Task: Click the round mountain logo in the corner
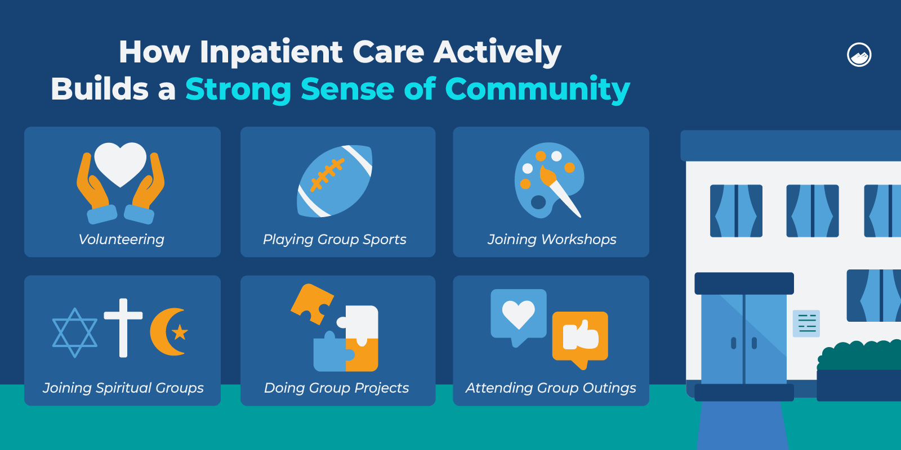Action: pos(859,54)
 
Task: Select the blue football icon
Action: pos(334,181)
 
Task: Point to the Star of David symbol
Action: pos(75,332)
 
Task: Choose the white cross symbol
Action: pos(123,327)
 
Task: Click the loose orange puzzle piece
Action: pos(312,304)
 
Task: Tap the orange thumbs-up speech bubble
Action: pos(580,338)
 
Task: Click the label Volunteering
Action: pos(121,240)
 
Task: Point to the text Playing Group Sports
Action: pos(334,240)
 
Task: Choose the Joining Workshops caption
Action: pos(552,240)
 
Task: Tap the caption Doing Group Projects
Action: pos(336,388)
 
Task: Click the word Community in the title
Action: pos(537,89)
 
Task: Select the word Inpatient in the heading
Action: pos(271,52)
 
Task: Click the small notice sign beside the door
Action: pos(806,323)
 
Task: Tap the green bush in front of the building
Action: pos(859,355)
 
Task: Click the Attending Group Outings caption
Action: pos(551,388)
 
